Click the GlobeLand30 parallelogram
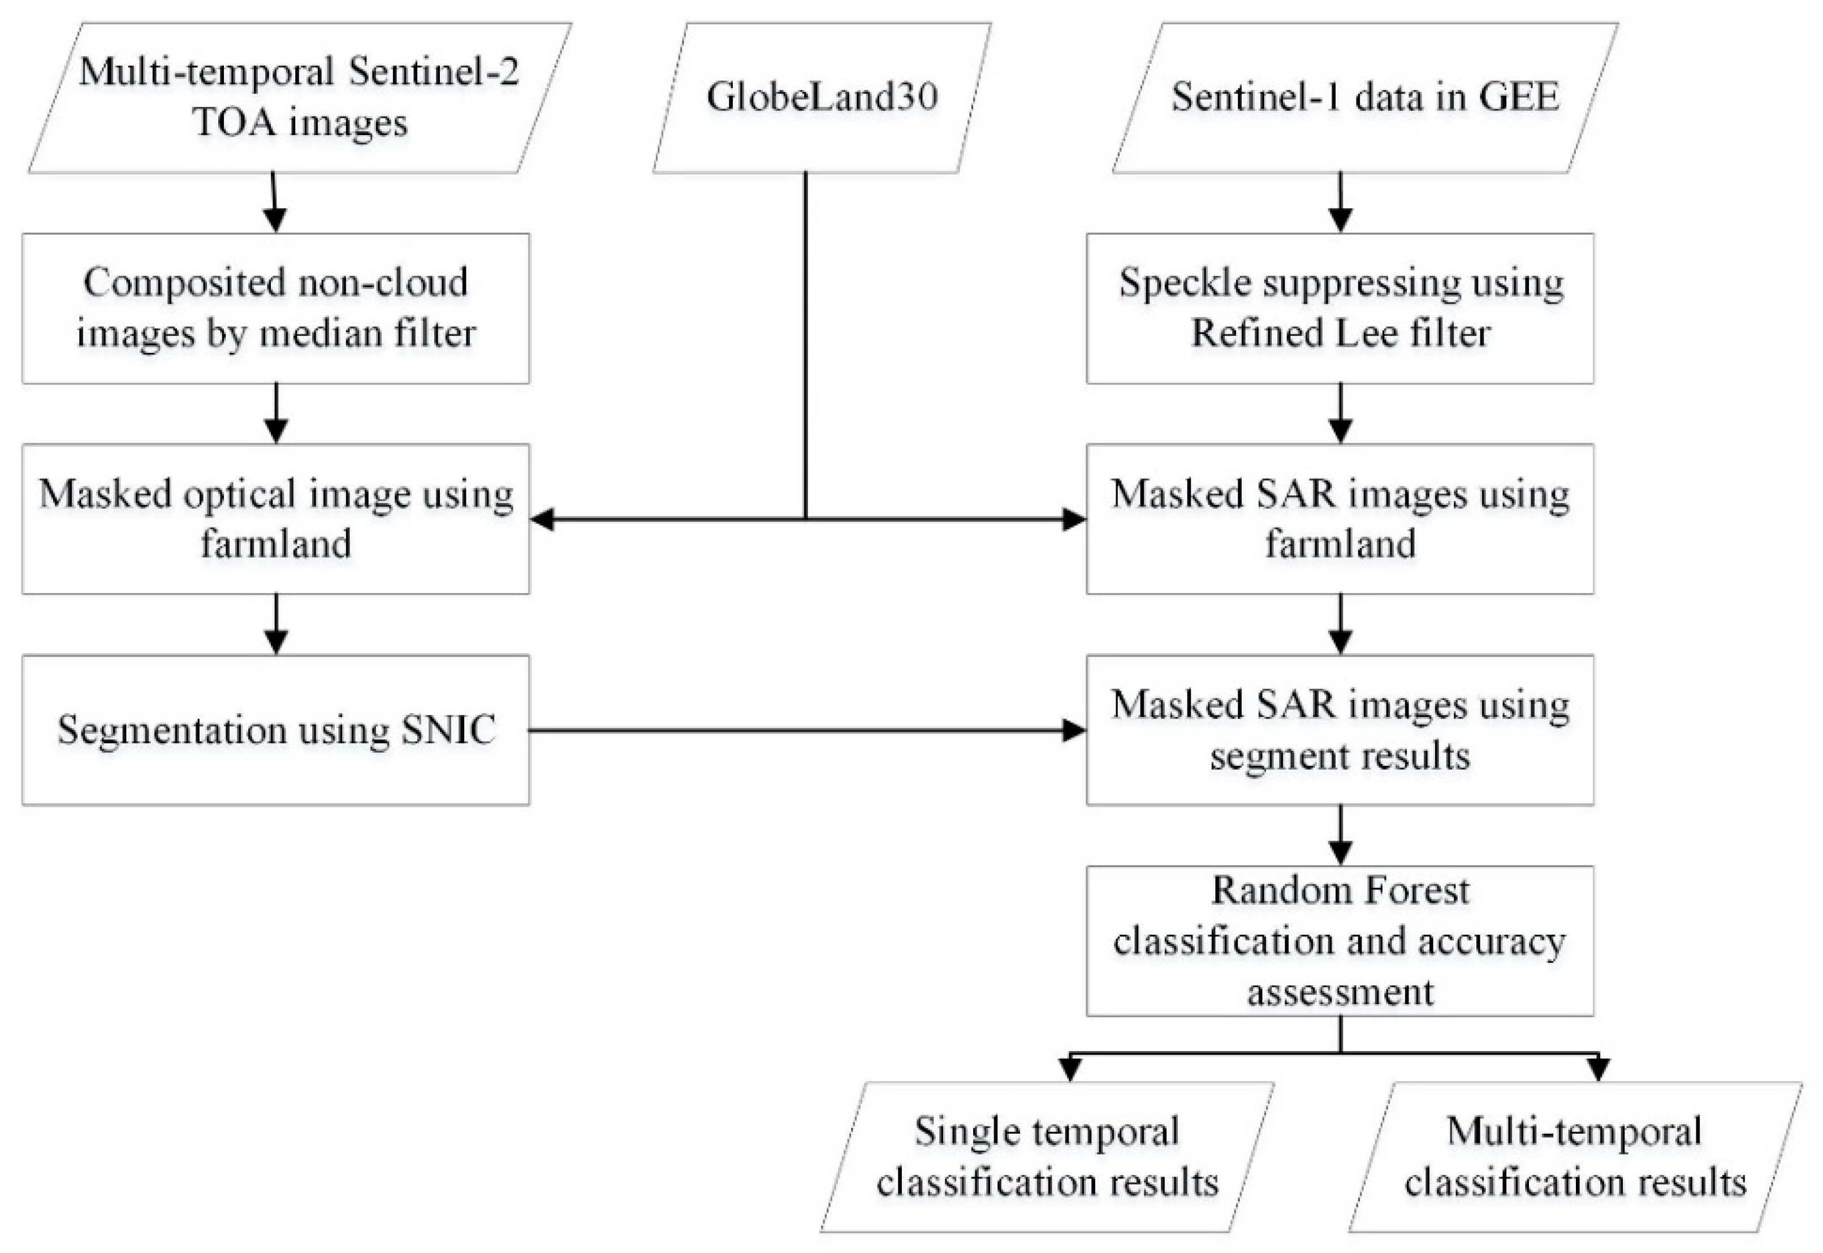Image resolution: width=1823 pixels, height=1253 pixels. coord(821,97)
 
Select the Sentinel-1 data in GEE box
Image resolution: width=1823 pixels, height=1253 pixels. coord(1364,97)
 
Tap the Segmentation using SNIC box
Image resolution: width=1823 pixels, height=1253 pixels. coord(275,730)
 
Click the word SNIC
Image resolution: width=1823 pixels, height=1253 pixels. coord(448,730)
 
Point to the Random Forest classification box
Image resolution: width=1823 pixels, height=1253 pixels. coord(1340,940)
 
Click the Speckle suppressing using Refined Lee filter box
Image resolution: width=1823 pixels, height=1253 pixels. coord(1340,308)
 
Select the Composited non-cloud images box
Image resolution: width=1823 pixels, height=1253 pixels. coord(275,308)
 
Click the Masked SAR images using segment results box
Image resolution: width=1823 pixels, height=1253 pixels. coord(1340,730)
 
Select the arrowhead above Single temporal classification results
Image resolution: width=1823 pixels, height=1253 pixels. coord(1070,1069)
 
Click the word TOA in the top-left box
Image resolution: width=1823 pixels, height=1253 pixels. coord(233,123)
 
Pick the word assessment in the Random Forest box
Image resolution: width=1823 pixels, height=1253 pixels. coord(1340,992)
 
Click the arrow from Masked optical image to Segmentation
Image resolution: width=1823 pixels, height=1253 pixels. coord(275,624)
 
